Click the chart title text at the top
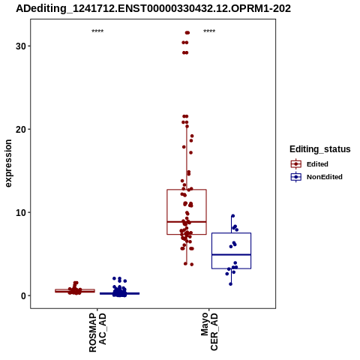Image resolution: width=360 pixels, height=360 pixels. pyautogui.click(x=153, y=8)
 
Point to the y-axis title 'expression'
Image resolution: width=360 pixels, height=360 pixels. pyautogui.click(x=8, y=163)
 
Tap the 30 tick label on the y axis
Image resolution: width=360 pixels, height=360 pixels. pyautogui.click(x=21, y=46)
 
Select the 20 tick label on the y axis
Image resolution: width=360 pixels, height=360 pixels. pyautogui.click(x=21, y=129)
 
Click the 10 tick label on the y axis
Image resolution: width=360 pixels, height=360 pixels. pyautogui.click(x=21, y=212)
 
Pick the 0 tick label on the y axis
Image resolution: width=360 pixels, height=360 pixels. pyautogui.click(x=23, y=295)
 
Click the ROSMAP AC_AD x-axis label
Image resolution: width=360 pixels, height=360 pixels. pyautogui.click(x=97, y=332)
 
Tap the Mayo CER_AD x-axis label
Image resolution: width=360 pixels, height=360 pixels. pyautogui.click(x=209, y=331)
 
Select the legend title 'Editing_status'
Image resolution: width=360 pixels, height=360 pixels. pyautogui.click(x=320, y=149)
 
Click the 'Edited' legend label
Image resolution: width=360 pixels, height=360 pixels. pyautogui.click(x=317, y=164)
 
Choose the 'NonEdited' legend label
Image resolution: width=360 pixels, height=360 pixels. pyautogui.click(x=325, y=177)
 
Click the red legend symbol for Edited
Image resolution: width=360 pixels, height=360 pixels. pyautogui.click(x=296, y=164)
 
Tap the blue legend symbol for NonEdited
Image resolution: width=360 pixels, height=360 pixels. pyautogui.click(x=296, y=177)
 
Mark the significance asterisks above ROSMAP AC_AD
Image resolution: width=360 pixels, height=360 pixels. pyautogui.click(x=97, y=31)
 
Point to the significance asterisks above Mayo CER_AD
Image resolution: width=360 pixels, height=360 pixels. pyautogui.click(x=209, y=31)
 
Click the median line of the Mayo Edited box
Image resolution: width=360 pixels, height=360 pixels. pyautogui.click(x=187, y=222)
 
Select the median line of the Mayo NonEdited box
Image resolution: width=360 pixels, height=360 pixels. pyautogui.click(x=231, y=254)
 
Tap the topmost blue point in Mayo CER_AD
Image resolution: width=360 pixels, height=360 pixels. pyautogui.click(x=232, y=216)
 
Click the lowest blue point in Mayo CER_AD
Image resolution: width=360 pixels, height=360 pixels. pyautogui.click(x=230, y=284)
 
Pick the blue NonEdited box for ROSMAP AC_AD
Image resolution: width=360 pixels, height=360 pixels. pyautogui.click(x=119, y=293)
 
